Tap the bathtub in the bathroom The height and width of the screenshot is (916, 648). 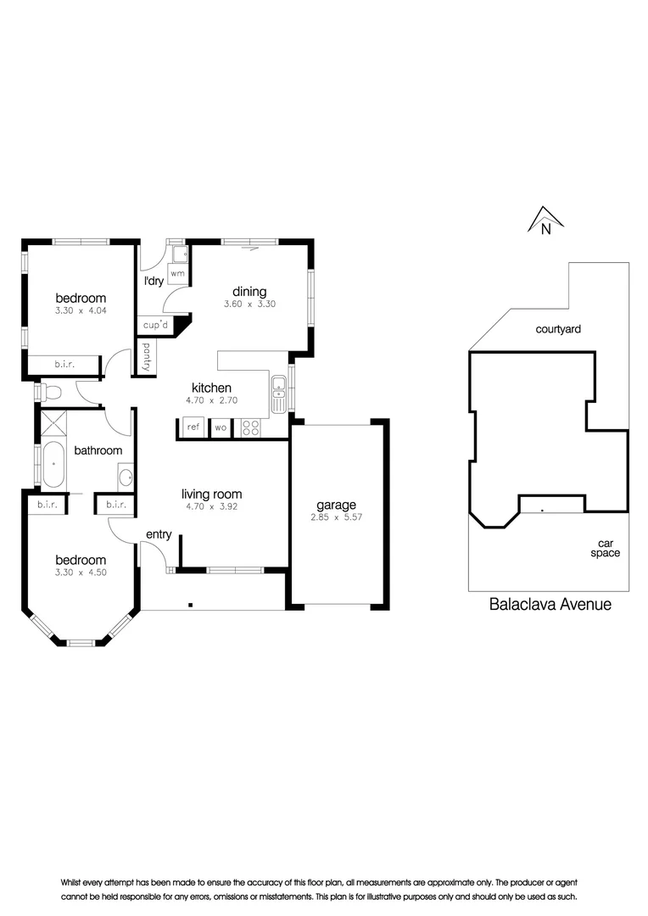click(x=53, y=465)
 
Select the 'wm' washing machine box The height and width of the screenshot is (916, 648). click(x=177, y=273)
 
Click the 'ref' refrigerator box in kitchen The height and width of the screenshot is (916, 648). click(x=193, y=427)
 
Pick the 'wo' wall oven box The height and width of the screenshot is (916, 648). click(x=221, y=427)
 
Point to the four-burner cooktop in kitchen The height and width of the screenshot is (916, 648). click(x=251, y=427)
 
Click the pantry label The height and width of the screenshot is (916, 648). click(x=146, y=357)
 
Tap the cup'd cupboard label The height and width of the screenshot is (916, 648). click(x=155, y=325)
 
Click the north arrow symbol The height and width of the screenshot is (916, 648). click(x=545, y=221)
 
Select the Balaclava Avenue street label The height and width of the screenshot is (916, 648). click(x=550, y=604)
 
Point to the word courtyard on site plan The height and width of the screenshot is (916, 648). click(x=558, y=329)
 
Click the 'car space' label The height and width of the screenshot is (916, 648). click(x=606, y=549)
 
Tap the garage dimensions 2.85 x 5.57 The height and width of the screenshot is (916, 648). click(x=337, y=517)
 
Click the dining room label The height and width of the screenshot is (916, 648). click(x=249, y=292)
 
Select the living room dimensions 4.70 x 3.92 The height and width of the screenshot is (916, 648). click(x=211, y=506)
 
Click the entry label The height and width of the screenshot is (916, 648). click(x=159, y=534)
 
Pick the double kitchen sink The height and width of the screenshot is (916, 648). click(x=279, y=394)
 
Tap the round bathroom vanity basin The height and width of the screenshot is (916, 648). click(x=126, y=478)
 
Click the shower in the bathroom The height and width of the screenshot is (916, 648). click(x=53, y=425)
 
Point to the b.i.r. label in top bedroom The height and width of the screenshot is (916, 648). click(x=64, y=365)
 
